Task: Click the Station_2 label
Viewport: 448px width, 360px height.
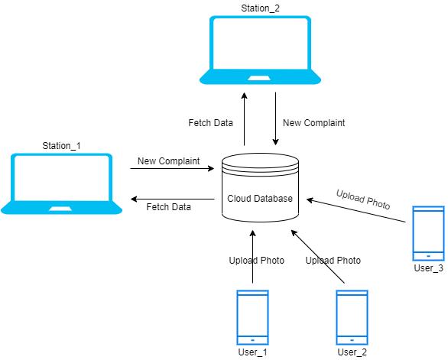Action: pos(260,8)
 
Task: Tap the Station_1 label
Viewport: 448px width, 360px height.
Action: pos(61,146)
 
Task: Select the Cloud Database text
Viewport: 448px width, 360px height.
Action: pos(260,198)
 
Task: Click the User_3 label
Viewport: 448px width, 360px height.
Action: pos(429,268)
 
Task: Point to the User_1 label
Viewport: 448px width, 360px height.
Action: pos(252,352)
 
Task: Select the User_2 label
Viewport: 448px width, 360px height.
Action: pos(352,352)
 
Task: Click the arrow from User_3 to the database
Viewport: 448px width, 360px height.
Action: pos(356,210)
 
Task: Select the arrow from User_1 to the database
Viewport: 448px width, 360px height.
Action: pos(252,257)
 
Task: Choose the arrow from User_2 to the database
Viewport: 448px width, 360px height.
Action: pos(318,257)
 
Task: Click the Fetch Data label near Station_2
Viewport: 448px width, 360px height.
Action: pos(210,123)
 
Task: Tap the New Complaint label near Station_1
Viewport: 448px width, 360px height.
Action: pos(168,161)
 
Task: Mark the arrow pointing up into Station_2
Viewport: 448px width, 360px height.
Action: pos(245,119)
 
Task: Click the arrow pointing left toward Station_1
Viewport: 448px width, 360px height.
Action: pos(173,199)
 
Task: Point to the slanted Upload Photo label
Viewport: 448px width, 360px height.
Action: pos(363,199)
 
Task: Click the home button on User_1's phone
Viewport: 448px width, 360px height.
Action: pos(252,340)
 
